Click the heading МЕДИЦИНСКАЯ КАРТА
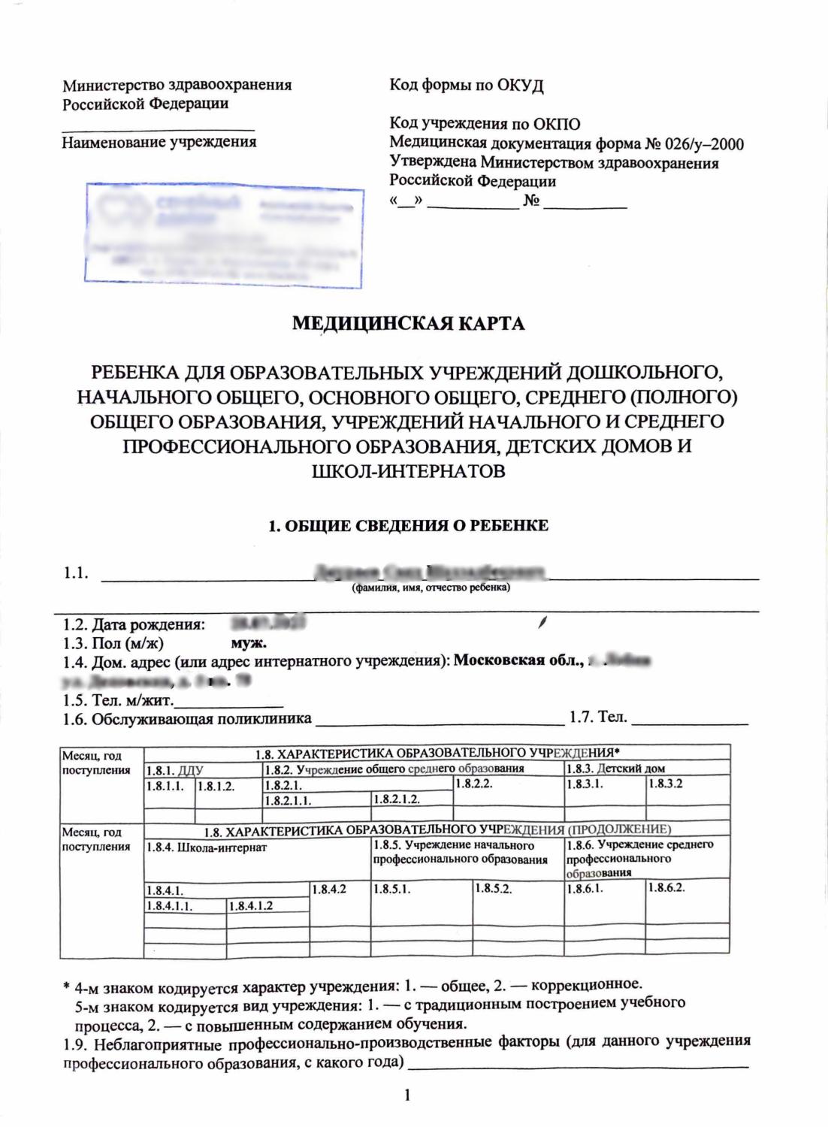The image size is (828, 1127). click(408, 324)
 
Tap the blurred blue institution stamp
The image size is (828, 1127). click(224, 235)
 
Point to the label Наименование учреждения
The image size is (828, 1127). click(159, 141)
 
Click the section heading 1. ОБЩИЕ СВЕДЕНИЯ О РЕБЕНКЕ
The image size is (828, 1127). click(408, 525)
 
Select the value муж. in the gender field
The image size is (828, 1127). click(249, 643)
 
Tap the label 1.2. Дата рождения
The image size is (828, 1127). click(134, 624)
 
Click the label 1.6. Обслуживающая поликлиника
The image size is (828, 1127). click(187, 719)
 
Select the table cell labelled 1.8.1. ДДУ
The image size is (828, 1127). click(174, 769)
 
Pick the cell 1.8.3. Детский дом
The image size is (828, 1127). click(615, 769)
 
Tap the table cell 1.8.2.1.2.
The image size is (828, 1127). click(396, 799)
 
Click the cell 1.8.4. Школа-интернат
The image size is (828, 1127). click(207, 848)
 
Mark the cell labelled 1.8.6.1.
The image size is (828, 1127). click(585, 888)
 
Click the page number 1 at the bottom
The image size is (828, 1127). click(407, 1096)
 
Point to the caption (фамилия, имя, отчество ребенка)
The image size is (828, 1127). click(431, 588)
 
